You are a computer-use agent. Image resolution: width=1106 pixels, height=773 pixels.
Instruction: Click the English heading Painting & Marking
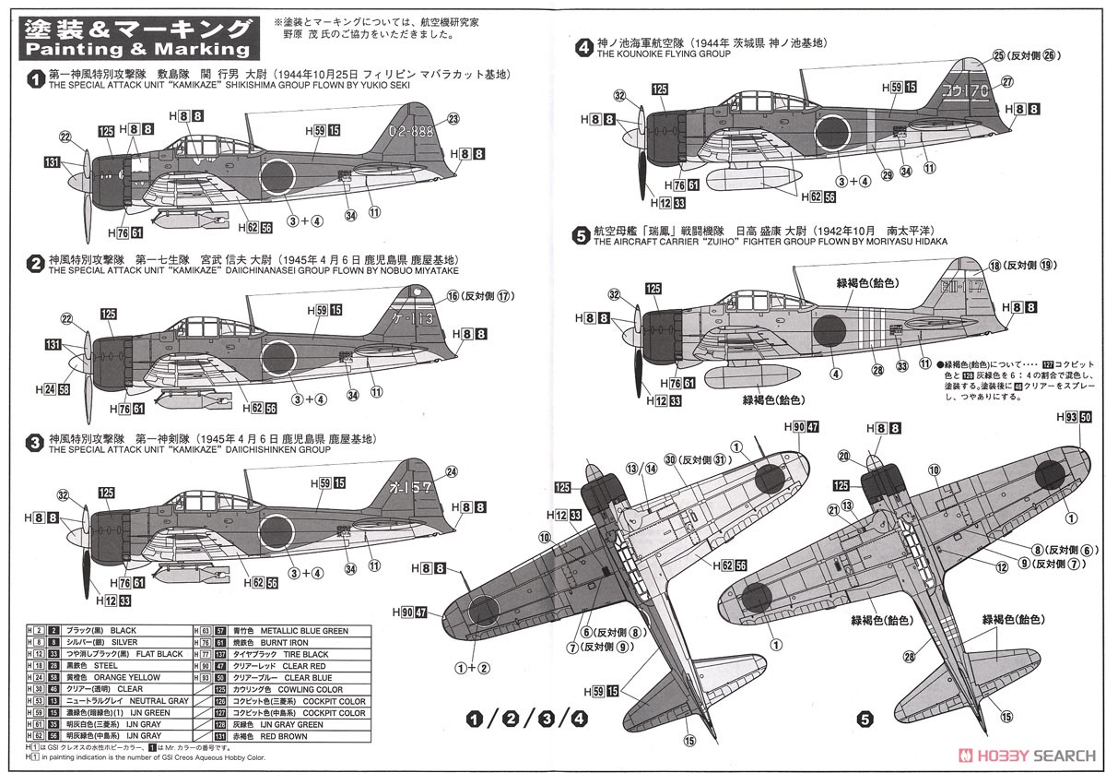pos(136,48)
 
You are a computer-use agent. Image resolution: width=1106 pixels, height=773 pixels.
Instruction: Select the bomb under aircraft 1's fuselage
pos(189,219)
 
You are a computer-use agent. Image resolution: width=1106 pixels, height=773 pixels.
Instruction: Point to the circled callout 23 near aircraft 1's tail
pos(453,118)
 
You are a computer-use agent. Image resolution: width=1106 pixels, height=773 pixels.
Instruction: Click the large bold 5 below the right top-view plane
pos(865,717)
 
